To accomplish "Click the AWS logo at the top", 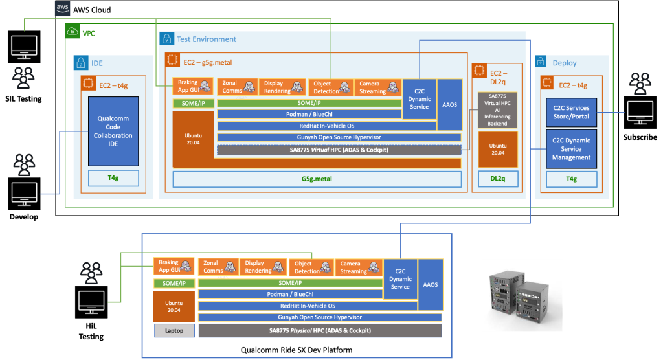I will click(62, 8).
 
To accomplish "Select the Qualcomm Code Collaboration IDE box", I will click(113, 131).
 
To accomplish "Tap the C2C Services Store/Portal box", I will click(568, 113).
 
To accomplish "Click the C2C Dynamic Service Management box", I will click(568, 149).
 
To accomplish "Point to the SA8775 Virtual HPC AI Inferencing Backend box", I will click(497, 109).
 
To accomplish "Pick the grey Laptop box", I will click(174, 331).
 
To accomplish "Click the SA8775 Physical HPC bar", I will click(320, 331).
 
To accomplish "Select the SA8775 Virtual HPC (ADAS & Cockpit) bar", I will click(339, 150).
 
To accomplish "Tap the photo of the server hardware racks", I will click(521, 295).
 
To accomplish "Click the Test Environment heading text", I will click(207, 39).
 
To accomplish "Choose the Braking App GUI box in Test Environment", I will click(192, 86).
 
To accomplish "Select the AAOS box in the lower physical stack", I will click(430, 284).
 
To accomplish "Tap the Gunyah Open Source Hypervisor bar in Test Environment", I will click(339, 137).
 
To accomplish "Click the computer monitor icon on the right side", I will click(640, 111).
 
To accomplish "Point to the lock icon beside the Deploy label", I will click(542, 63).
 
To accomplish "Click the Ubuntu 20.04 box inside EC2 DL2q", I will click(497, 149).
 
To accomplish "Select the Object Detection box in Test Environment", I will click(330, 87).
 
